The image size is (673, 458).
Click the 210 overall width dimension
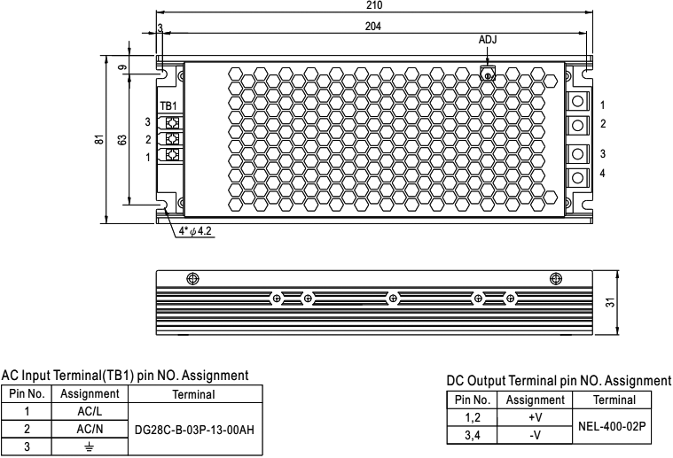click(x=373, y=6)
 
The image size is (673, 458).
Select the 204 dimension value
click(x=373, y=27)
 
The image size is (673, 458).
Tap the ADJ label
click(x=488, y=41)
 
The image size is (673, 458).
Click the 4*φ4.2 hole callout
click(x=197, y=232)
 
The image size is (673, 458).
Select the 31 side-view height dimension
click(x=611, y=303)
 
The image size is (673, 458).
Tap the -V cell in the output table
click(x=535, y=434)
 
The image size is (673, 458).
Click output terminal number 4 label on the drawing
click(x=602, y=173)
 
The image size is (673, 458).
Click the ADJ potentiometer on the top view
click(x=486, y=75)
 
